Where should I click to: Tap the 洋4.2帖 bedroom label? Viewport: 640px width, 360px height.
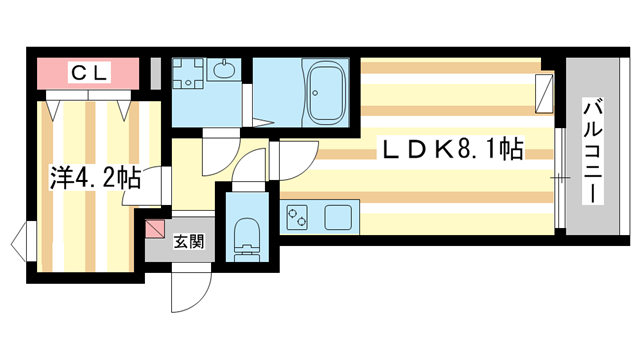click(x=95, y=180)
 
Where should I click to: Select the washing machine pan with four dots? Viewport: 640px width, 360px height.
click(x=187, y=74)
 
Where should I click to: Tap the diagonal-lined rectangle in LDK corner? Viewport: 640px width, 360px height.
click(x=544, y=92)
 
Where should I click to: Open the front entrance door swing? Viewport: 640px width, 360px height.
click(x=190, y=291)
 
